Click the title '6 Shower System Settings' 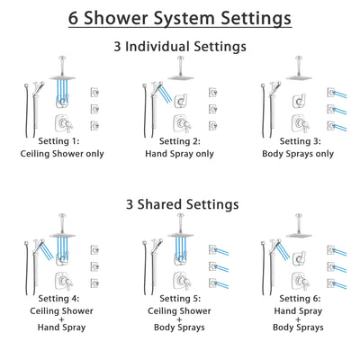[x=180, y=19]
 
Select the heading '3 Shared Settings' [x=180, y=204]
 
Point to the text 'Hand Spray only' [x=180, y=154]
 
